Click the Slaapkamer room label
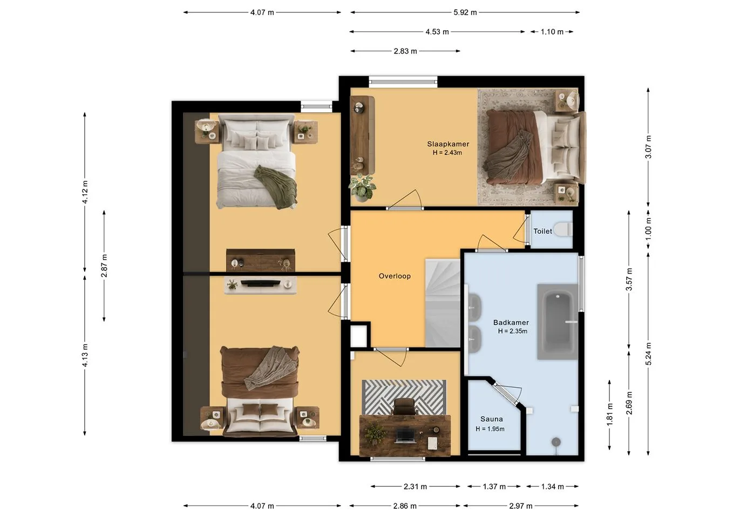click(x=448, y=144)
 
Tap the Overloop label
click(x=395, y=276)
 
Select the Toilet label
click(x=542, y=231)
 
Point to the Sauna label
click(x=492, y=419)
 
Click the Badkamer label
click(x=511, y=323)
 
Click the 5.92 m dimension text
click(x=465, y=12)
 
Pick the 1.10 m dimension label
click(x=552, y=32)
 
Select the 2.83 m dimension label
click(x=405, y=51)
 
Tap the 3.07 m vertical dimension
click(x=648, y=147)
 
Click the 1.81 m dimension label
click(x=609, y=414)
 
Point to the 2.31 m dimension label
click(x=415, y=487)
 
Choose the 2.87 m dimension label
click(x=104, y=265)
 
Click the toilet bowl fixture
click(x=563, y=229)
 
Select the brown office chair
click(x=404, y=407)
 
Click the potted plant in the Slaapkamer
click(x=362, y=187)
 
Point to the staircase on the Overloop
click(x=443, y=303)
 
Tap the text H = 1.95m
click(x=490, y=429)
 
